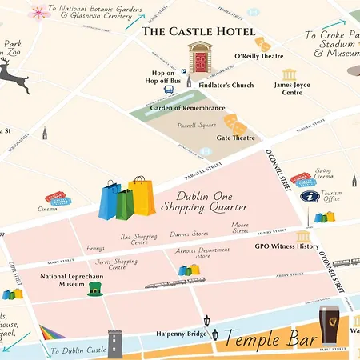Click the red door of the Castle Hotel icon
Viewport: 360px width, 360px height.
[x=199, y=62]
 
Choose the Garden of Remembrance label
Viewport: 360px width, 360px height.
[x=187, y=108]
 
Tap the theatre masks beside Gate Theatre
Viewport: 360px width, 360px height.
[x=234, y=123]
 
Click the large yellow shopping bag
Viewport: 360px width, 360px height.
[x=142, y=197]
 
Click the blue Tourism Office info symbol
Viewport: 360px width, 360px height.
[x=308, y=196]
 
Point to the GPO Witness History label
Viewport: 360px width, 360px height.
[x=286, y=246]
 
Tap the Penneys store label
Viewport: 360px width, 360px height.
[x=96, y=248]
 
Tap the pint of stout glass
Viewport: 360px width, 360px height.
[x=329, y=325]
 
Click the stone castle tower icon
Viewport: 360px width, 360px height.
[x=118, y=344]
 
